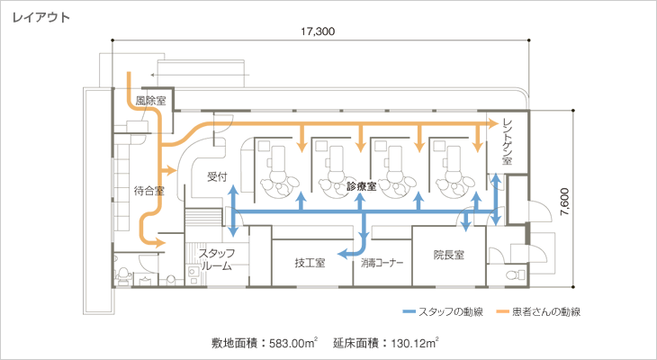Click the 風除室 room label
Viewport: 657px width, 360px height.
click(149, 100)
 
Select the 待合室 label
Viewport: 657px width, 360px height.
click(148, 190)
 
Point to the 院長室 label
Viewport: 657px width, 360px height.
click(448, 256)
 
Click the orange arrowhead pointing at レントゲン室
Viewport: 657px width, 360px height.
click(493, 122)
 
